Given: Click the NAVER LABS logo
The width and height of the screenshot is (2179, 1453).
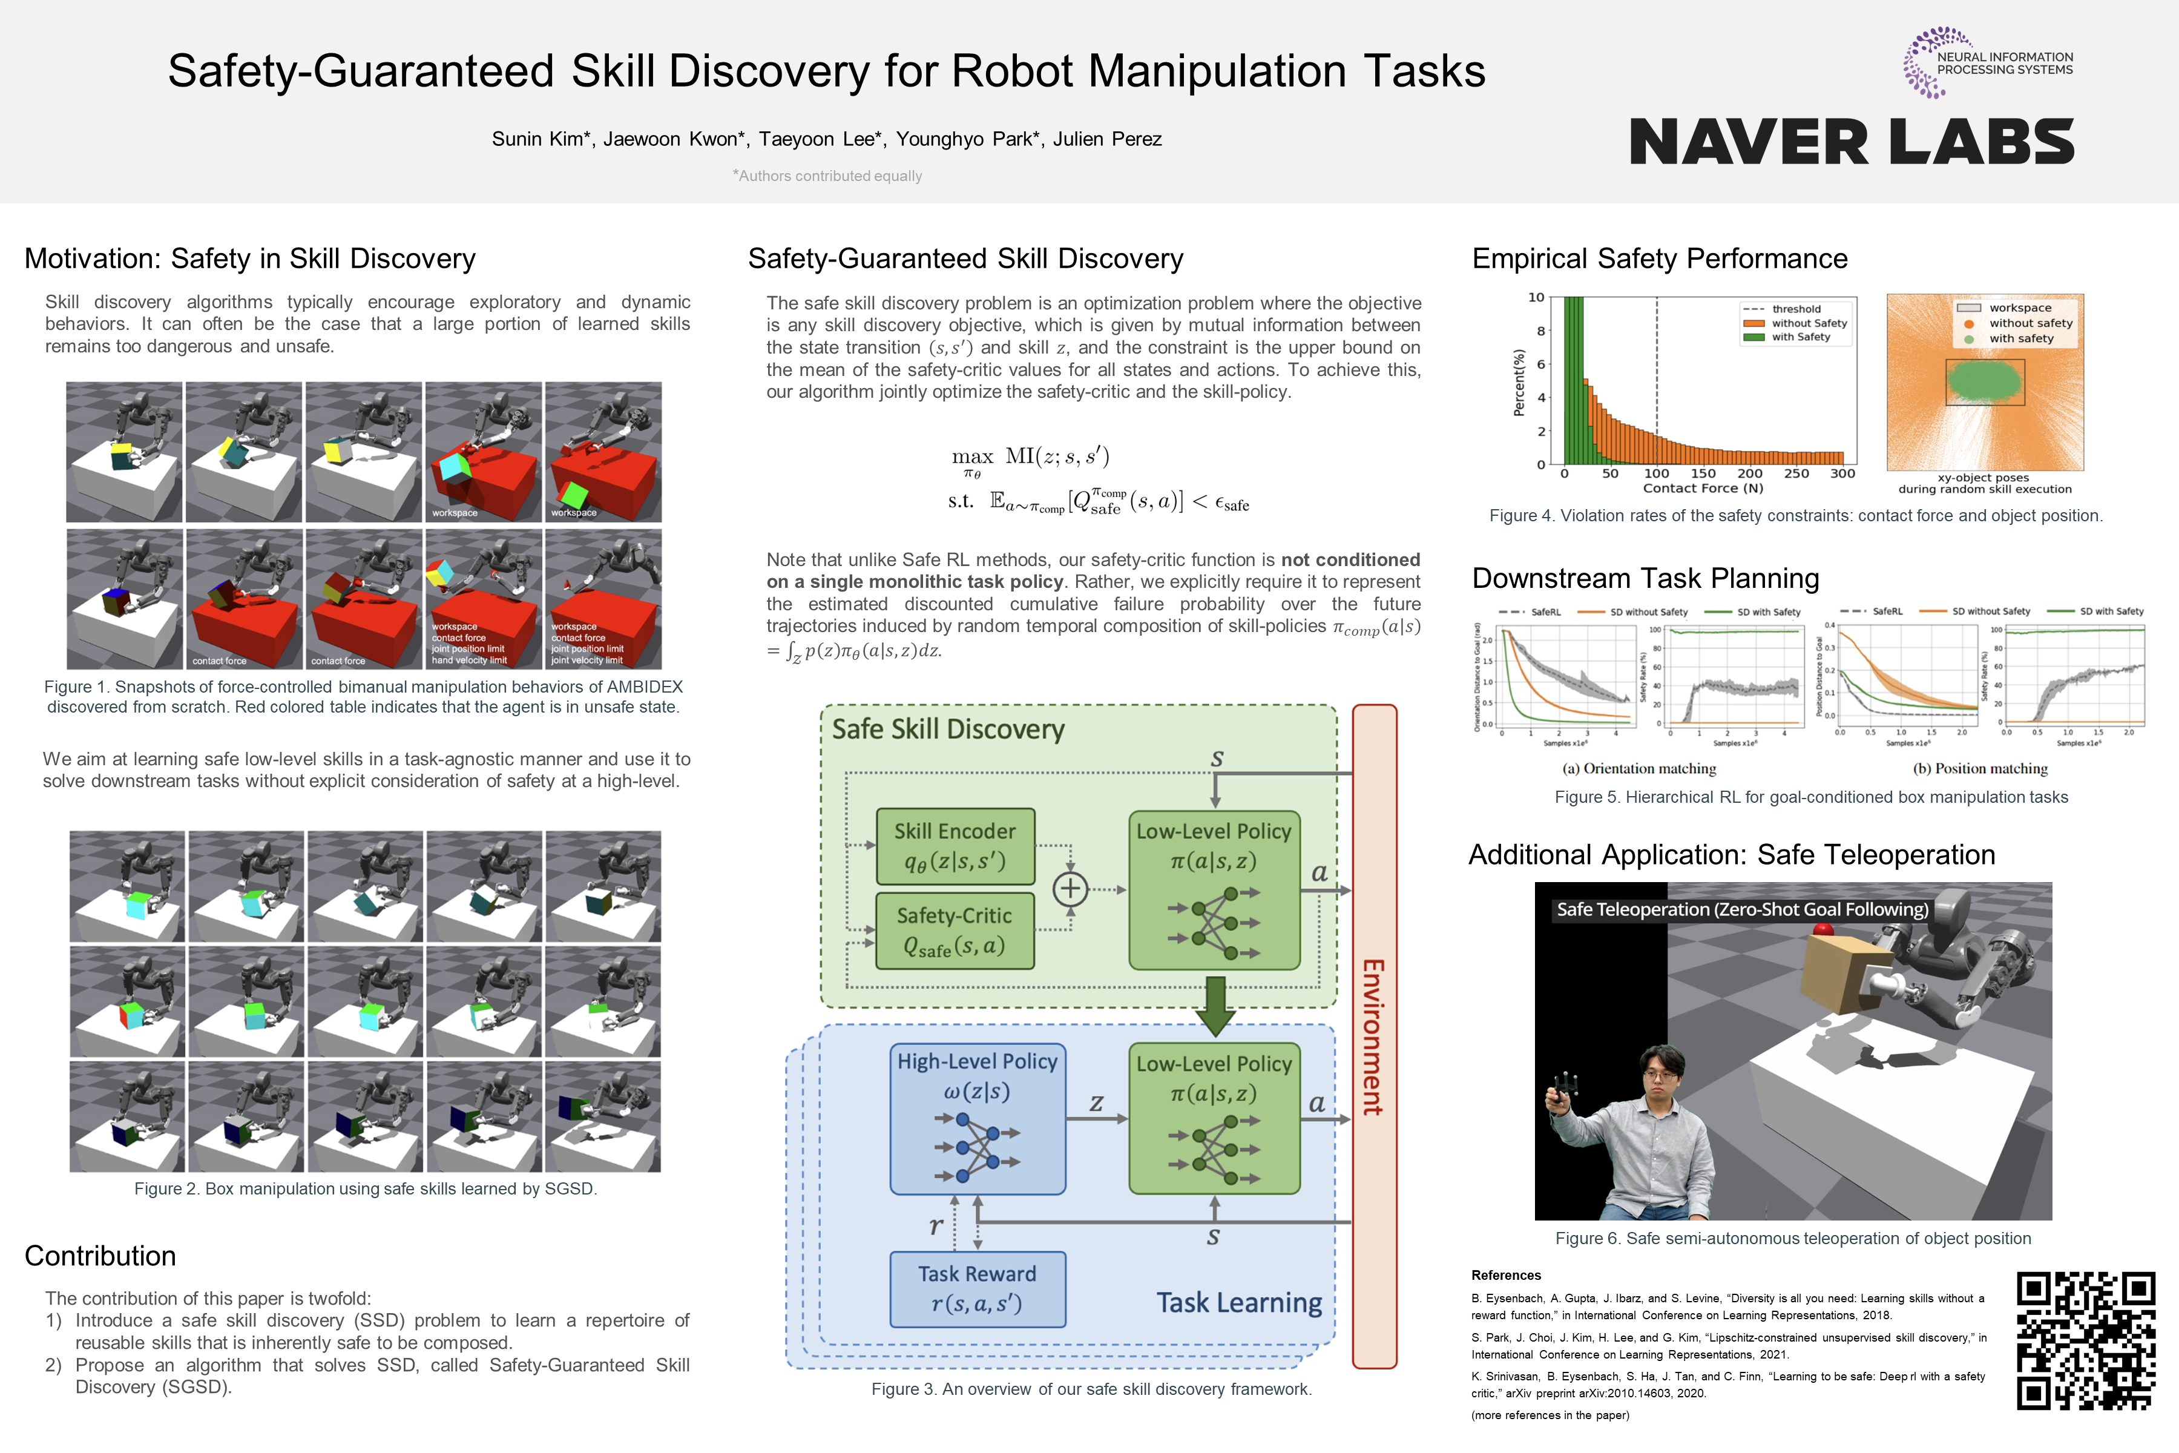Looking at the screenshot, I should pyautogui.click(x=1850, y=142).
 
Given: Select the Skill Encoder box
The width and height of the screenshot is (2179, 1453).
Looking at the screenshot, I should pyautogui.click(x=955, y=846).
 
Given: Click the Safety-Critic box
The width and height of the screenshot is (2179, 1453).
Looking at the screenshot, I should pyautogui.click(x=955, y=931).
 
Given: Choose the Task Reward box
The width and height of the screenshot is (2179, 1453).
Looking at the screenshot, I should pyautogui.click(x=978, y=1289).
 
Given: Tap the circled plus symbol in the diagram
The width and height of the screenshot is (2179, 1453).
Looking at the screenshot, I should pyautogui.click(x=1070, y=889).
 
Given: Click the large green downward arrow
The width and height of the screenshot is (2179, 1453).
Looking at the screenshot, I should pyautogui.click(x=1215, y=1006).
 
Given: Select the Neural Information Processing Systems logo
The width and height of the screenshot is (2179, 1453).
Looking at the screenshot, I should pyautogui.click(x=1987, y=63).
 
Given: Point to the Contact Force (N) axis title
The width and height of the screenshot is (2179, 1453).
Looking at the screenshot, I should pyautogui.click(x=1703, y=489).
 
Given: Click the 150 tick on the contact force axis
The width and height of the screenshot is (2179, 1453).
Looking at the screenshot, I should pyautogui.click(x=1703, y=473).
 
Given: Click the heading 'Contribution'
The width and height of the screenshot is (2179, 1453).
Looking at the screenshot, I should pyautogui.click(x=100, y=1256).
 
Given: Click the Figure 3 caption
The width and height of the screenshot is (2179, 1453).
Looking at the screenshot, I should pyautogui.click(x=1091, y=1389).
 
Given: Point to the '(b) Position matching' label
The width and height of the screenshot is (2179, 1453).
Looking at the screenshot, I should pyautogui.click(x=1980, y=768).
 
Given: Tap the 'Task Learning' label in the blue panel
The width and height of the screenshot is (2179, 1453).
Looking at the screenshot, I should pyautogui.click(x=1238, y=1303).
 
